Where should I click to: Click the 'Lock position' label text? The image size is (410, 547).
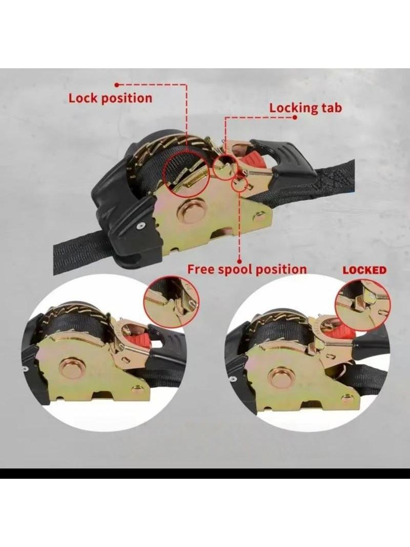(x=110, y=98)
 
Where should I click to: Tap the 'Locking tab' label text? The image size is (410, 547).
(x=305, y=108)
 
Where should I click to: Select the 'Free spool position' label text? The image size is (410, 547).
(x=247, y=269)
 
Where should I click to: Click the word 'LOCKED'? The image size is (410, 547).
(x=364, y=270)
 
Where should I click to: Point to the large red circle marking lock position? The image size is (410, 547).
(x=186, y=173)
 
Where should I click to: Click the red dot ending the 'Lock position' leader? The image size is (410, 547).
(x=117, y=85)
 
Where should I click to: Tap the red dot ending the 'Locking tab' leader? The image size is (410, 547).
(x=295, y=117)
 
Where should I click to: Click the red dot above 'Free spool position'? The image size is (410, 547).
(x=239, y=260)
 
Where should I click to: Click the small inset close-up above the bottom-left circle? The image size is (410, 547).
(x=172, y=301)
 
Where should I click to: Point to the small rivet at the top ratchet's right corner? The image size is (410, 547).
(x=258, y=218)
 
